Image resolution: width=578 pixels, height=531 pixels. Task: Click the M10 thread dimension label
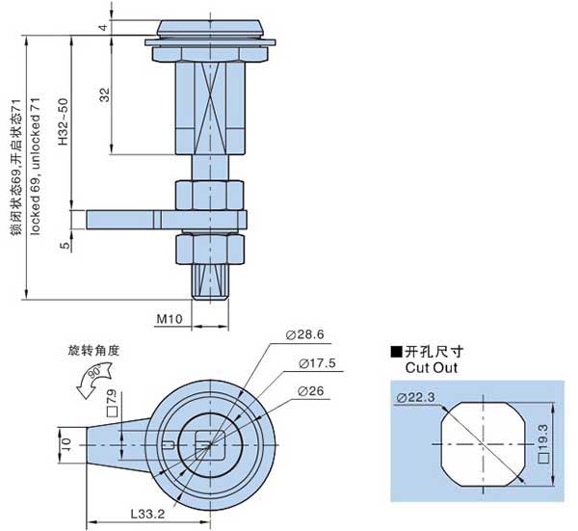pyautogui.click(x=170, y=317)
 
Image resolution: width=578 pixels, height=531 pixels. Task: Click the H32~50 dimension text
pyautogui.click(x=63, y=121)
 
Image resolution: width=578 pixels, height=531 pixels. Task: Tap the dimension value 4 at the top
pyautogui.click(x=102, y=26)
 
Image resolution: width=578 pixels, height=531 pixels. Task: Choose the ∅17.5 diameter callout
pyautogui.click(x=317, y=363)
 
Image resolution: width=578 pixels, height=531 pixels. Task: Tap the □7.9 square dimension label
pyautogui.click(x=112, y=399)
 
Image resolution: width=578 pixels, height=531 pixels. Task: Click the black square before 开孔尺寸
pyautogui.click(x=396, y=352)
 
